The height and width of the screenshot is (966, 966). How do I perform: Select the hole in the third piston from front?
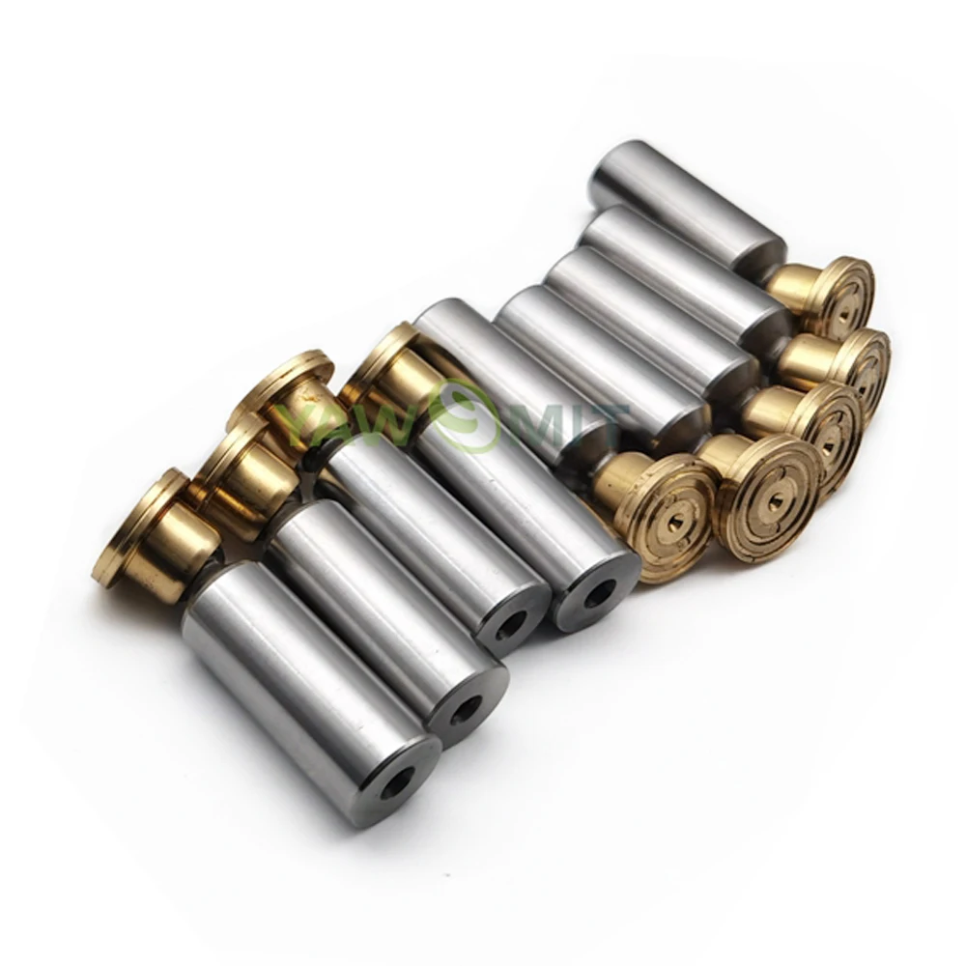(513, 625)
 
